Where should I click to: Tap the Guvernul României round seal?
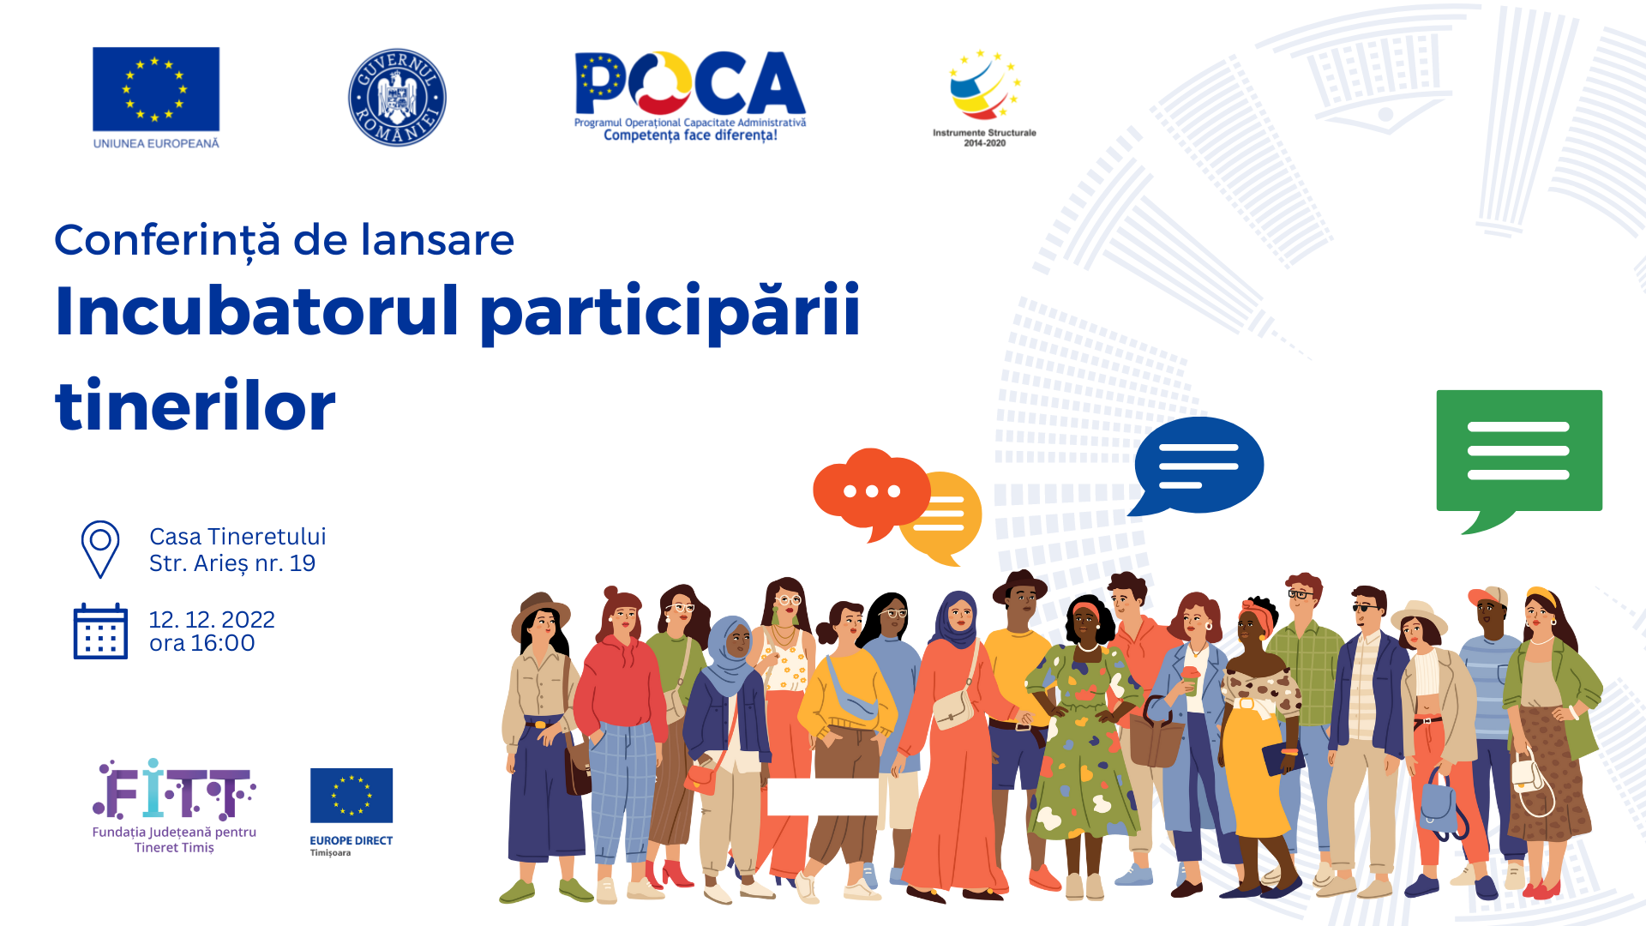click(397, 97)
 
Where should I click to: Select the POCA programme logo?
click(690, 95)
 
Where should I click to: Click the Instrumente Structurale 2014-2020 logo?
click(984, 98)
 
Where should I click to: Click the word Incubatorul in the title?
click(257, 310)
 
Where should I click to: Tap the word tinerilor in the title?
click(195, 406)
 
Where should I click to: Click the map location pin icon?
click(100, 549)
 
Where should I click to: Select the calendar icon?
click(100, 631)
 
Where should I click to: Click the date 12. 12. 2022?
click(212, 619)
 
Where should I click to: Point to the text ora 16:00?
click(202, 643)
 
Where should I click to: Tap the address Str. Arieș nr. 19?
click(232, 563)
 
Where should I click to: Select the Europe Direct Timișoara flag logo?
click(351, 811)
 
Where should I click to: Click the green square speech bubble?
click(1519, 460)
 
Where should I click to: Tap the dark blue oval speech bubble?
click(1198, 466)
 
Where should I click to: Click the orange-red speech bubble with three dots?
click(871, 492)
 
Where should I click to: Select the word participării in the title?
click(670, 313)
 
